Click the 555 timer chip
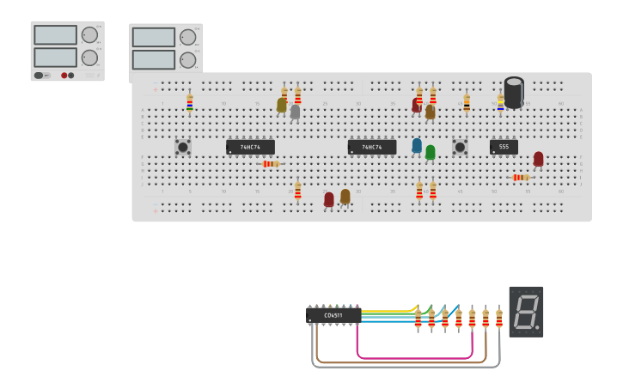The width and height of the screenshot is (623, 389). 504,147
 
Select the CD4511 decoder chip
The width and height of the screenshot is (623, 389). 333,315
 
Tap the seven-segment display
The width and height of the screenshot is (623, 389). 526,311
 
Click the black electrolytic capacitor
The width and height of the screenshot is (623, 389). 514,93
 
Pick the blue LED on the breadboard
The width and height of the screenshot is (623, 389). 417,146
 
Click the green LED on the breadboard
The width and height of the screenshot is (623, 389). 431,152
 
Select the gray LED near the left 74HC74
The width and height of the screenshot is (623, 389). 296,112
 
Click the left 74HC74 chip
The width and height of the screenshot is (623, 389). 250,147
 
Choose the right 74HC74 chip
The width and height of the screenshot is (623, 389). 371,147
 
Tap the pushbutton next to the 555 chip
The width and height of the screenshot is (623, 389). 460,147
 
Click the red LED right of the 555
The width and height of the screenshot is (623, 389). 538,158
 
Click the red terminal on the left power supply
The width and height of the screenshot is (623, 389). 64,76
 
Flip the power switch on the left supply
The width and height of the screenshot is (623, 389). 40,76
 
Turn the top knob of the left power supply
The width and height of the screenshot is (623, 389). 89,35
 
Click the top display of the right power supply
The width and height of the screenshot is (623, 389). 153,38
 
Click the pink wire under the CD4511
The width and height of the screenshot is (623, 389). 412,357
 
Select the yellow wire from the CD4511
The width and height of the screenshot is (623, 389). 387,310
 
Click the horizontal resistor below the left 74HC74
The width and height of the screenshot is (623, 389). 270,163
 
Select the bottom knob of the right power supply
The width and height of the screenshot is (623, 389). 187,60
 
